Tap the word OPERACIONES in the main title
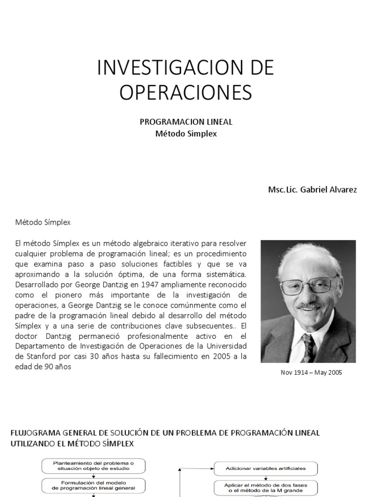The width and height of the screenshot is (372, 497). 186,93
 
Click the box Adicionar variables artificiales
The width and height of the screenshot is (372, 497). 266,469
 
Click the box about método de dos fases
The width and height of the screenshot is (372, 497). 266,487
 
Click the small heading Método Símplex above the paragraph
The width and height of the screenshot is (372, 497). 43,222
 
